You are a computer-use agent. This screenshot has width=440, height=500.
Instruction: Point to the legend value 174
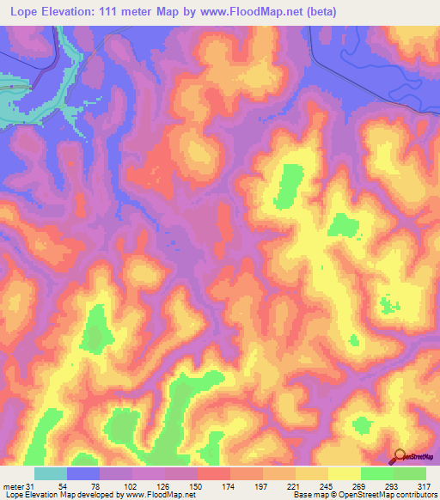(x=229, y=486)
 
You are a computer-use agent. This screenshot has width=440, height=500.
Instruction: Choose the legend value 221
(x=295, y=486)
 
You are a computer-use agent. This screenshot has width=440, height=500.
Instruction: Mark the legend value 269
(x=360, y=486)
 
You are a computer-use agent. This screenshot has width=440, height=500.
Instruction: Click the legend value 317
(x=425, y=486)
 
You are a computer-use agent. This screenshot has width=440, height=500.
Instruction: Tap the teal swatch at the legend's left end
(x=51, y=473)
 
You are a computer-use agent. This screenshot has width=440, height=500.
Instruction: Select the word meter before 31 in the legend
(x=14, y=486)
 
